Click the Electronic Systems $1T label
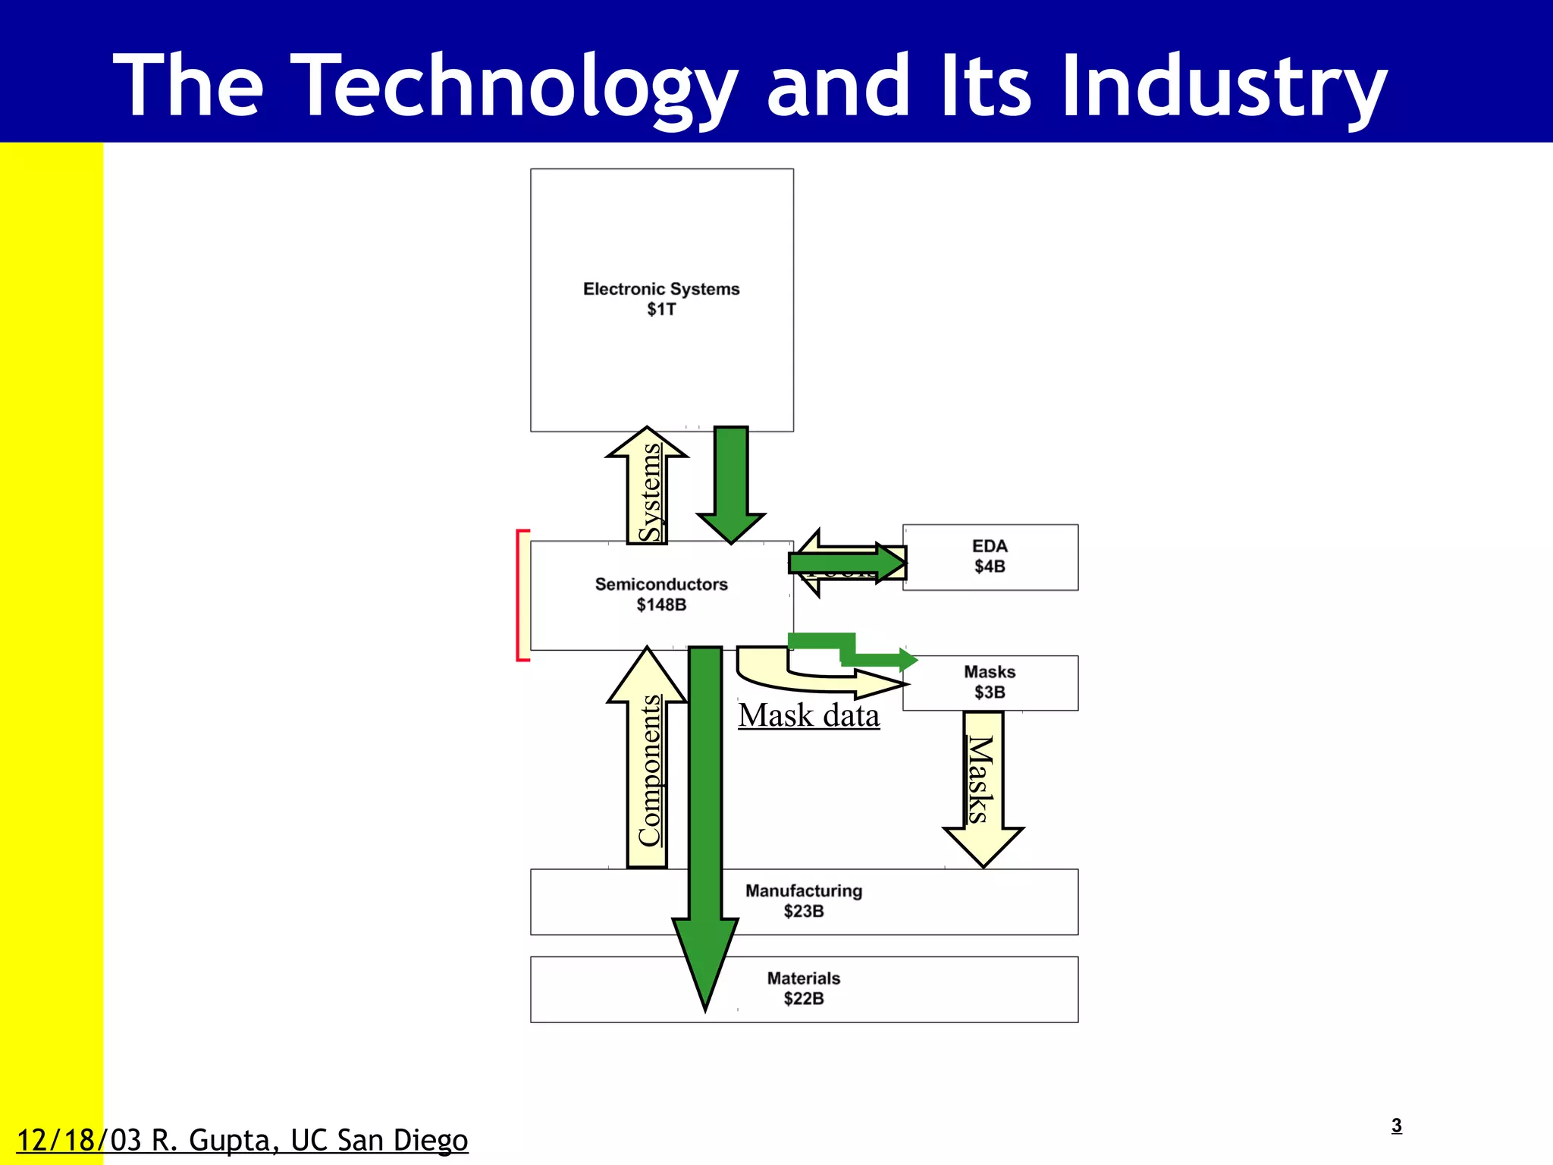[x=661, y=299]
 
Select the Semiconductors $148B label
[x=661, y=595]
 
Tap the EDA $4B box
[x=990, y=557]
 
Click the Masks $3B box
[x=990, y=683]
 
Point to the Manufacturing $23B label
[x=804, y=901]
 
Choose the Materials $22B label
[x=804, y=988]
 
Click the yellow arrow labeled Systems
[x=647, y=489]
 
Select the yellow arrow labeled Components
[x=647, y=766]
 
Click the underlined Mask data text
[x=809, y=716]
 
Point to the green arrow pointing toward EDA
[x=846, y=562]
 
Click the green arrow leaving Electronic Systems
[x=731, y=482]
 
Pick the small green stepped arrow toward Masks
[x=857, y=652]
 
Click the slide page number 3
[x=1397, y=1126]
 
